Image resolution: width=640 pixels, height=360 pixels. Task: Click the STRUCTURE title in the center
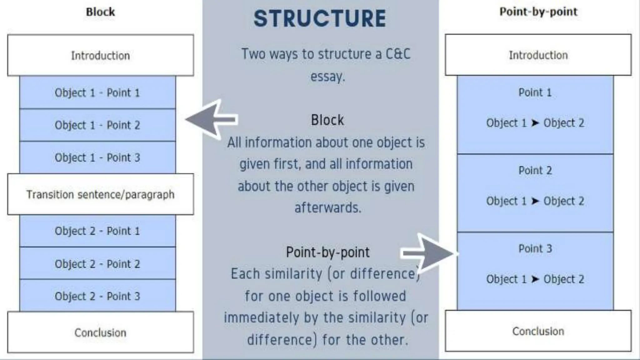point(320,18)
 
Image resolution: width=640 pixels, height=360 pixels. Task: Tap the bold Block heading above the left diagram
point(100,12)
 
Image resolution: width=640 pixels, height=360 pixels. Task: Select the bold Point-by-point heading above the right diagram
point(538,12)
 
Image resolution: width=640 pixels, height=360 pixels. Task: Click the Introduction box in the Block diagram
point(100,55)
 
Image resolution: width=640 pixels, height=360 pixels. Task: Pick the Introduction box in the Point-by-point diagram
point(538,55)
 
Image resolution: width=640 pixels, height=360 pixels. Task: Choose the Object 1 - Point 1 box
point(97,92)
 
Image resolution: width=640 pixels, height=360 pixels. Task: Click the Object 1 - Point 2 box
point(97,125)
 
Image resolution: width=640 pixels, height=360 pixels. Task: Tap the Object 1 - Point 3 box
point(97,157)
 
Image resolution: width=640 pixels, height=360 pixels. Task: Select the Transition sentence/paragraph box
point(100,194)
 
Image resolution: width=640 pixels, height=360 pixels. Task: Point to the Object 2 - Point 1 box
point(97,231)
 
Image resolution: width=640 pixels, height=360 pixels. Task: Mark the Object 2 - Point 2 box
point(97,264)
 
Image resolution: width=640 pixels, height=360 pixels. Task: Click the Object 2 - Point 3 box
point(97,296)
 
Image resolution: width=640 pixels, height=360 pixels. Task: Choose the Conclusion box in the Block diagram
point(100,332)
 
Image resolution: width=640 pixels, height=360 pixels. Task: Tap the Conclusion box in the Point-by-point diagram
point(538,331)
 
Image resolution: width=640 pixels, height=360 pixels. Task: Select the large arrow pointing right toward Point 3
point(430,253)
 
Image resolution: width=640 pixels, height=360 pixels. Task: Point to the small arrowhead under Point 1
point(535,123)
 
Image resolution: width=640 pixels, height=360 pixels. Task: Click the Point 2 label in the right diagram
point(535,170)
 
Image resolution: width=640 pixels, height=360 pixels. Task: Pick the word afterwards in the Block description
point(328,207)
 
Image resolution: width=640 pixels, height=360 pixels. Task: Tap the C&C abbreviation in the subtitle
point(398,54)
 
